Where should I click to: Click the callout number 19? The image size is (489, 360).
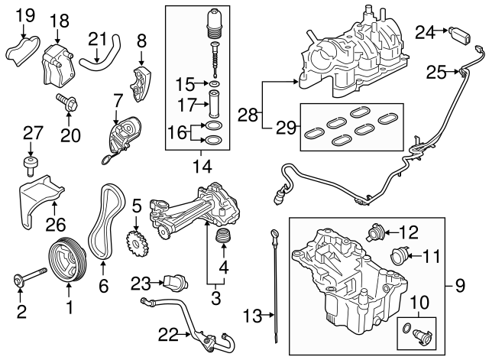click(25, 14)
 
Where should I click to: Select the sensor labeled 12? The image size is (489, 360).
click(376, 229)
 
